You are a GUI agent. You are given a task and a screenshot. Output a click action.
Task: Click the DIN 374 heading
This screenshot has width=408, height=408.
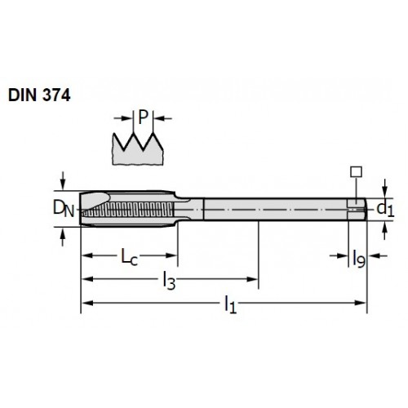(x=39, y=95)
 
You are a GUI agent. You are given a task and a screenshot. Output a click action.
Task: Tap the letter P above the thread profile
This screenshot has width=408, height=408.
(x=144, y=118)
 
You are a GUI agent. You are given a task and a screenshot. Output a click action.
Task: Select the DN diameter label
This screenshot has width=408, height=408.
(x=64, y=208)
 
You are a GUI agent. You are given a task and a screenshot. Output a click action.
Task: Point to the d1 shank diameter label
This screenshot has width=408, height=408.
(x=385, y=210)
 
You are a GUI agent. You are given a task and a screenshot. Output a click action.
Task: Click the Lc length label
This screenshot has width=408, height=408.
(x=129, y=257)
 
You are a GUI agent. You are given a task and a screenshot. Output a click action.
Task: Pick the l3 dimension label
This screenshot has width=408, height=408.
(x=169, y=281)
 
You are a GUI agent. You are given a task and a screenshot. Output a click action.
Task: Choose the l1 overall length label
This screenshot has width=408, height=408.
(x=230, y=304)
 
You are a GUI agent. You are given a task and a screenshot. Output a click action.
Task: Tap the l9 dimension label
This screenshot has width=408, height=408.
(x=359, y=259)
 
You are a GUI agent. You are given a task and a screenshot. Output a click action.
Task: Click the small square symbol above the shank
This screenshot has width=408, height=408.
(x=356, y=172)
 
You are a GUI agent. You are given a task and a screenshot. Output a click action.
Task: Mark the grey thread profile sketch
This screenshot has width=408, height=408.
(x=138, y=149)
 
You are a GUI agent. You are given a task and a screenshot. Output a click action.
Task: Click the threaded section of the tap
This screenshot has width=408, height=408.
(x=128, y=210)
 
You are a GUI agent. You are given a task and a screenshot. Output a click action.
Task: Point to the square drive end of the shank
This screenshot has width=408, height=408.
(x=357, y=210)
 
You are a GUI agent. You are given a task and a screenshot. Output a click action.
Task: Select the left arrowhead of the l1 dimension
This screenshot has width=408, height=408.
(x=87, y=303)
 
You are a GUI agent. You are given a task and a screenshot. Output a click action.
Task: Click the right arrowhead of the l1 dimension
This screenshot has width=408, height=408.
(x=360, y=303)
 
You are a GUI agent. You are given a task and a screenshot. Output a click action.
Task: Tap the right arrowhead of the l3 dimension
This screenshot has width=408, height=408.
(x=252, y=279)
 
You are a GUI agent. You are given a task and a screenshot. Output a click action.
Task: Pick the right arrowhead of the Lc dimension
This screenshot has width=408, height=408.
(x=171, y=255)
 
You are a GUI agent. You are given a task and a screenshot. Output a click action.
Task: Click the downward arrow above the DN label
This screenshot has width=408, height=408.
(x=63, y=180)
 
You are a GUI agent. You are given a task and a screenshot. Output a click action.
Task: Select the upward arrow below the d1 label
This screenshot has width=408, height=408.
(x=384, y=231)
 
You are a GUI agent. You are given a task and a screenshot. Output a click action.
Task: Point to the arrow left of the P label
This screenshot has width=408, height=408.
(x=123, y=118)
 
